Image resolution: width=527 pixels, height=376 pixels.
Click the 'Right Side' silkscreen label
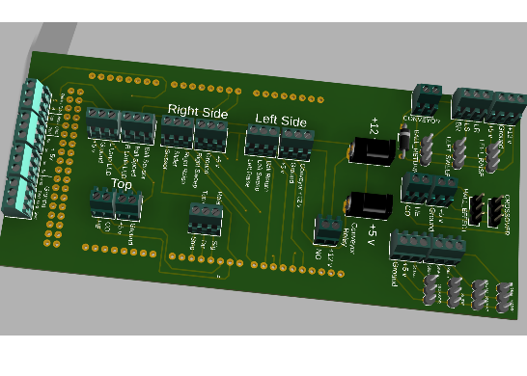click(198, 112)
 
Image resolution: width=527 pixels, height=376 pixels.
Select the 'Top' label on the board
click(122, 183)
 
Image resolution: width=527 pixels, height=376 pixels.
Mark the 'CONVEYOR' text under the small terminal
click(422, 121)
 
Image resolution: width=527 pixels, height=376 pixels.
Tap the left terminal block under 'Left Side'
click(261, 143)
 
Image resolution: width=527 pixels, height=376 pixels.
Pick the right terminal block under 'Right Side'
click(209, 134)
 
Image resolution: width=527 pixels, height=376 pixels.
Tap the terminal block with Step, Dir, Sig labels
click(204, 221)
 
